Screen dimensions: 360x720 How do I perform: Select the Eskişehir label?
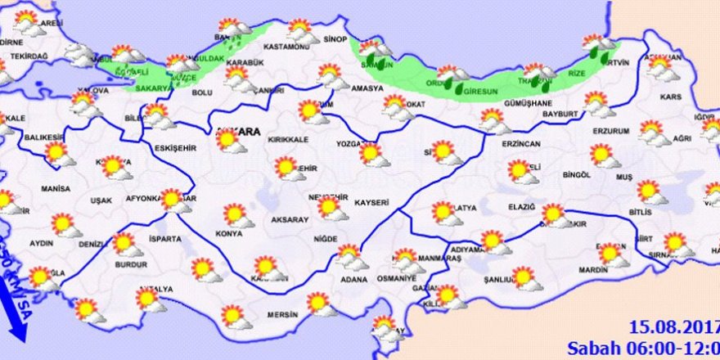point(175,148)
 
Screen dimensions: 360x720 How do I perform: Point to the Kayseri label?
point(371,201)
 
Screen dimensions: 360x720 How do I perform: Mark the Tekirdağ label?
point(29,56)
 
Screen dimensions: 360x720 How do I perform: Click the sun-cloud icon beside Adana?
point(350,256)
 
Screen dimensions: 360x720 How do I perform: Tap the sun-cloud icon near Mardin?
point(611,255)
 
